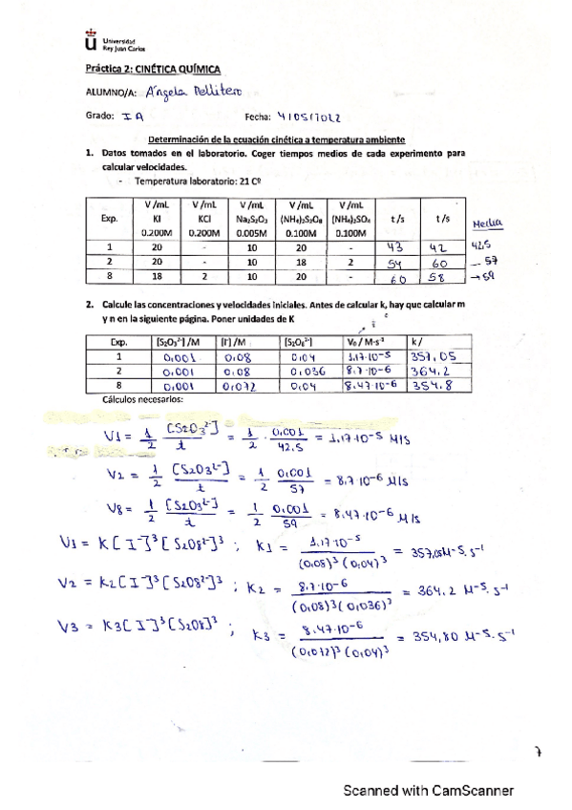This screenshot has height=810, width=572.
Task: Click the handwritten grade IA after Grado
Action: pyautogui.click(x=133, y=117)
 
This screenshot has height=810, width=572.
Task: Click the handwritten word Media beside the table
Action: pyautogui.click(x=487, y=225)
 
